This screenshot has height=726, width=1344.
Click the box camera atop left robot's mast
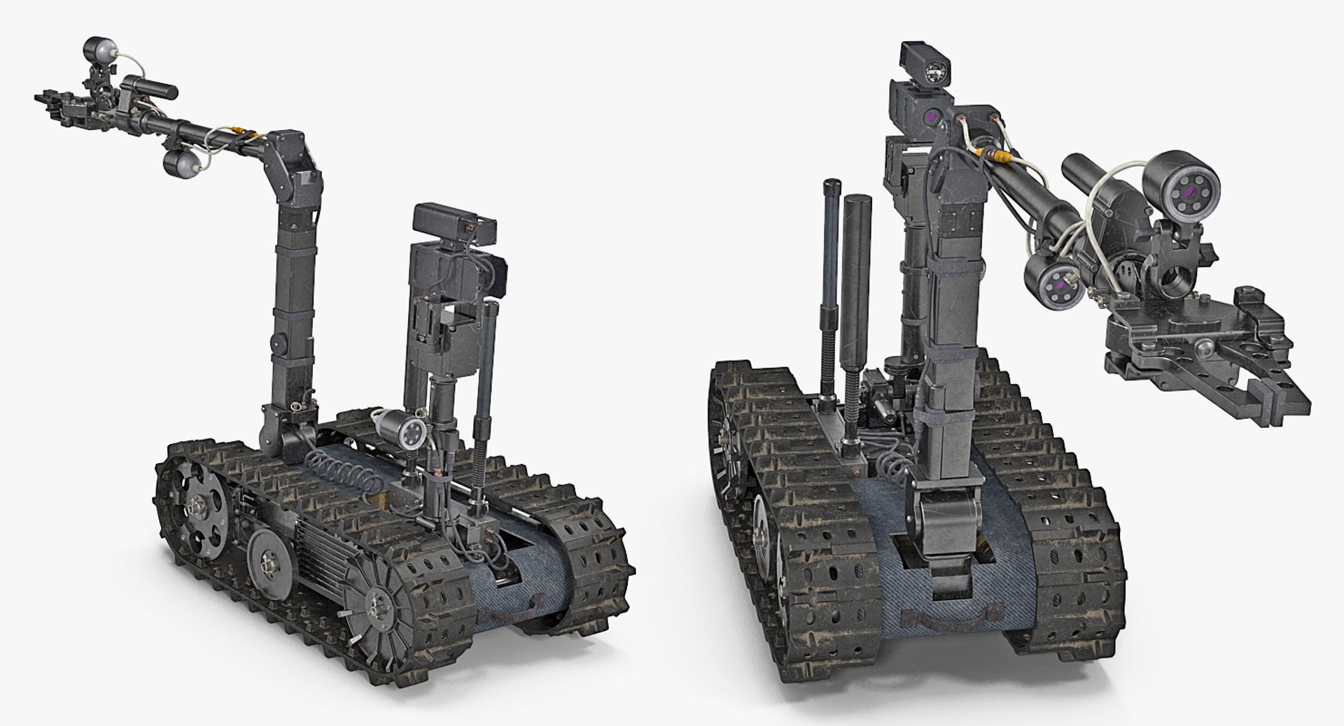pos(455,220)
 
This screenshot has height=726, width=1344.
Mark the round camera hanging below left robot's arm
pos(179,164)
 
